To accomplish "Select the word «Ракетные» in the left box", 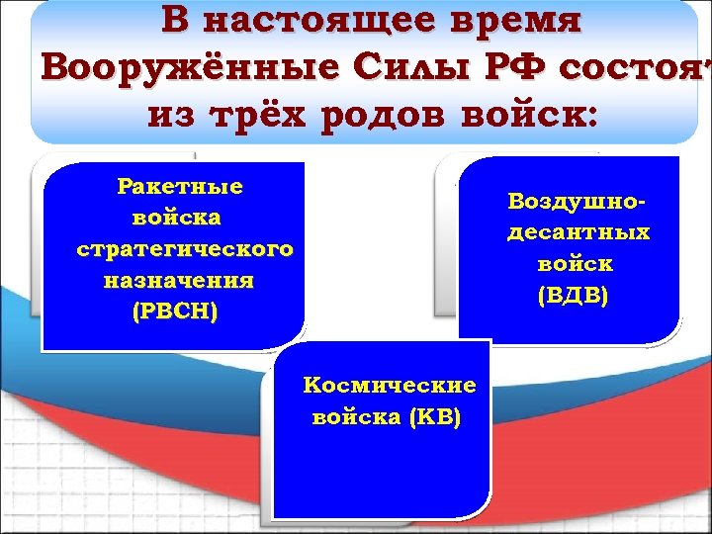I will (180, 187).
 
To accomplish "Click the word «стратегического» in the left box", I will (185, 249).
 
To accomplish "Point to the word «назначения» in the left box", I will (179, 281).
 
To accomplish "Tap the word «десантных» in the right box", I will (578, 233).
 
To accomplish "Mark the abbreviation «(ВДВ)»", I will (575, 296).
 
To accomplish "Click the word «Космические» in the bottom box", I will (390, 386).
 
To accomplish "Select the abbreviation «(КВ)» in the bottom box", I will (434, 417).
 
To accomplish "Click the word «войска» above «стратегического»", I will (178, 218).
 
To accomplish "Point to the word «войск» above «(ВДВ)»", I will (576, 265).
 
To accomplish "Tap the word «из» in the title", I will (166, 117).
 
